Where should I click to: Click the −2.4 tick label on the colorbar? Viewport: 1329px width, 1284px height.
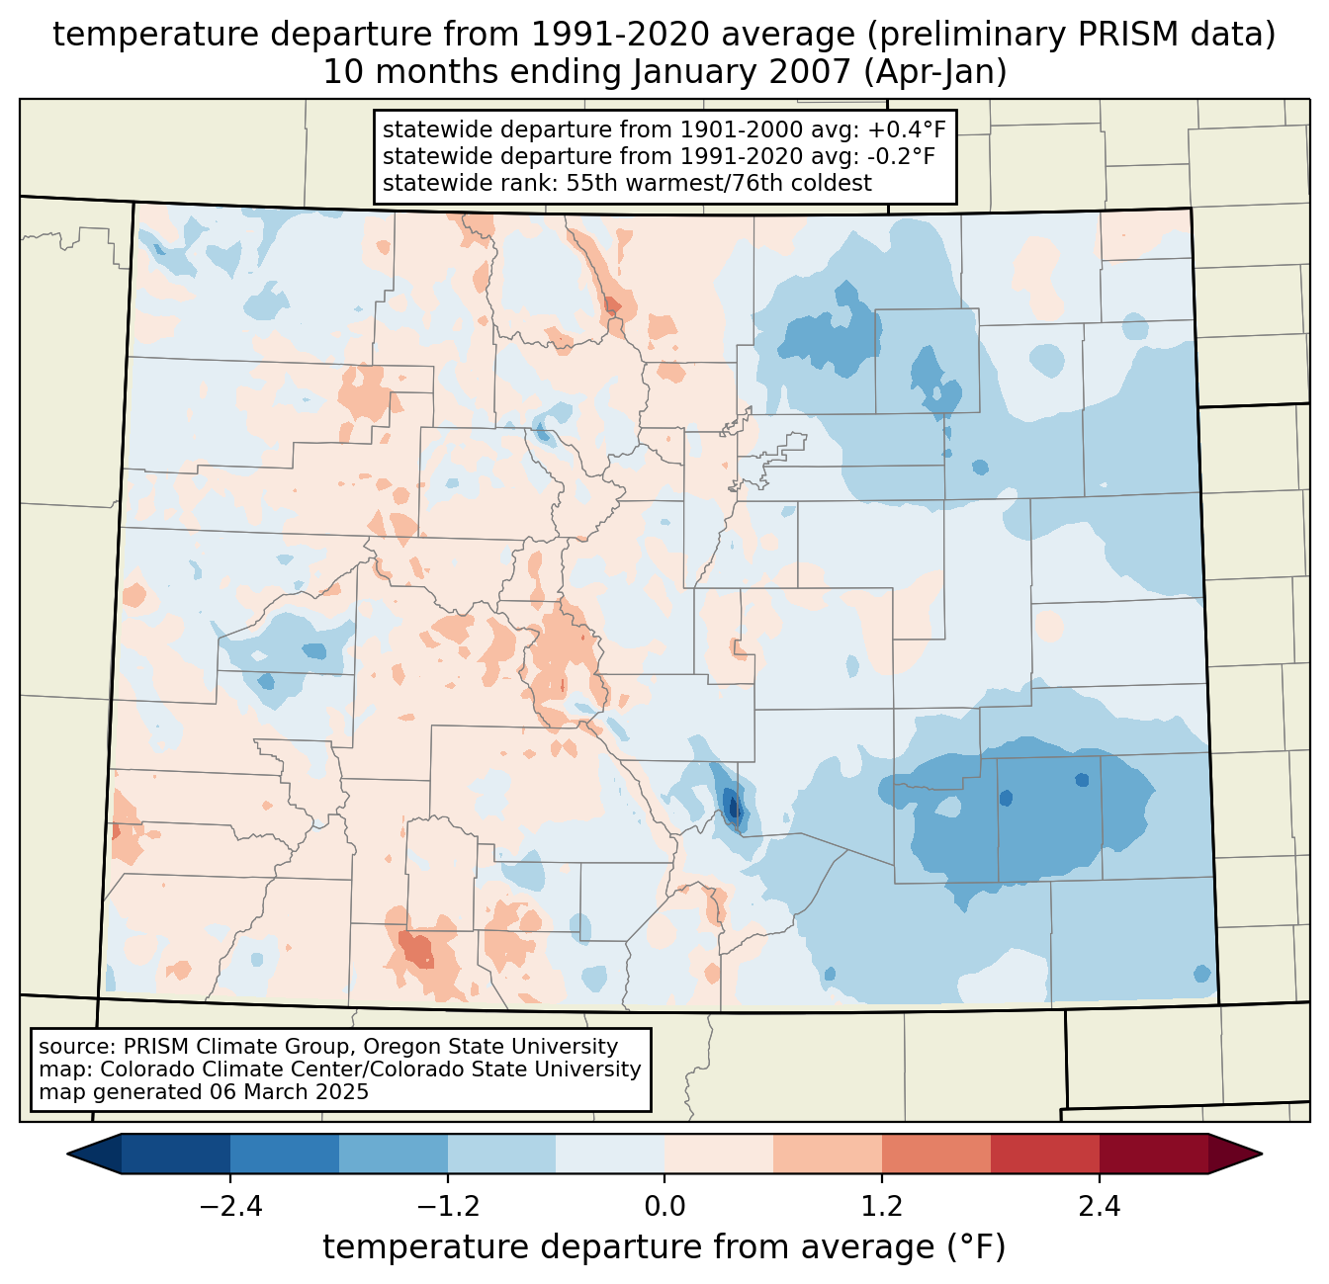coord(230,1207)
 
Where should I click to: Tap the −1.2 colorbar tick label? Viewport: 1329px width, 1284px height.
coord(447,1207)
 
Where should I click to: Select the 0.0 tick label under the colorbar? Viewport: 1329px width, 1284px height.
coord(664,1207)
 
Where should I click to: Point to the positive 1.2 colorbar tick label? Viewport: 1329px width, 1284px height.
coord(882,1207)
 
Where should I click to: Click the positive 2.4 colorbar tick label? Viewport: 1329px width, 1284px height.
coord(1099,1207)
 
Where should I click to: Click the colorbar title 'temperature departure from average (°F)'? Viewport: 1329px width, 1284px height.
coord(664,1247)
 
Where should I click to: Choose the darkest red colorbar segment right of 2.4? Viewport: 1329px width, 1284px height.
coord(1153,1154)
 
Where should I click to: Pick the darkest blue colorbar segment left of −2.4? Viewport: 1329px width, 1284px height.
coord(176,1154)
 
